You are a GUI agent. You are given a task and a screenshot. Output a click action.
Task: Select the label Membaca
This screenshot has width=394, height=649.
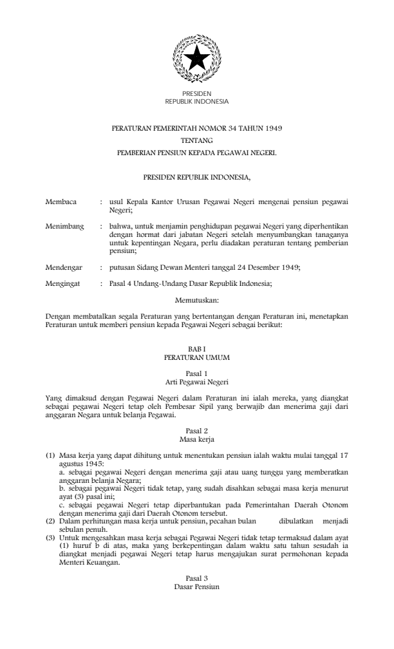61,202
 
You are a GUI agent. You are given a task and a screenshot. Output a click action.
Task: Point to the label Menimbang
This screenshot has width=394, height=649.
65,227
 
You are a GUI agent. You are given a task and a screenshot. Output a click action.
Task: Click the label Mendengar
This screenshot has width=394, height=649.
64,266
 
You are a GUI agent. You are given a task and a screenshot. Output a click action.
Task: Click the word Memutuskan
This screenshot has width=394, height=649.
197,299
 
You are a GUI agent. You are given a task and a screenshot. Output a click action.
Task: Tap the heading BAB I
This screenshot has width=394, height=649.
197,347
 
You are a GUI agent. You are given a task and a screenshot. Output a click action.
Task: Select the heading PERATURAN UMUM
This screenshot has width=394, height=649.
197,355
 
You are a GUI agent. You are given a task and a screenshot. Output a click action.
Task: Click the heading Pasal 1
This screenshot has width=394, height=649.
197,374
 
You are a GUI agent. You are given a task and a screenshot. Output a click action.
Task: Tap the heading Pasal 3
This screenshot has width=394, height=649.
197,561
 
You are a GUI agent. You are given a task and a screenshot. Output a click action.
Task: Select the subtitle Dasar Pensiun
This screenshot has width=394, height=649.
197,570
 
